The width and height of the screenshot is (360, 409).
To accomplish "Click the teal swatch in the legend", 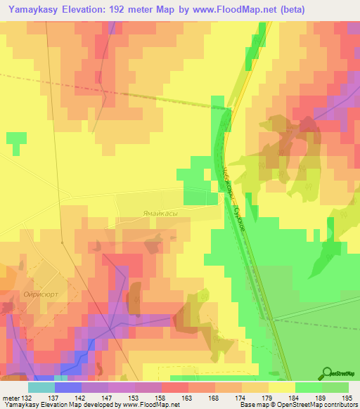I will point(41,387).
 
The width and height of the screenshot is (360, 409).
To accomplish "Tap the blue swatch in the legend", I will point(67,387).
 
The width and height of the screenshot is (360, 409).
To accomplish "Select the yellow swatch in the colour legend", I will point(282,387).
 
